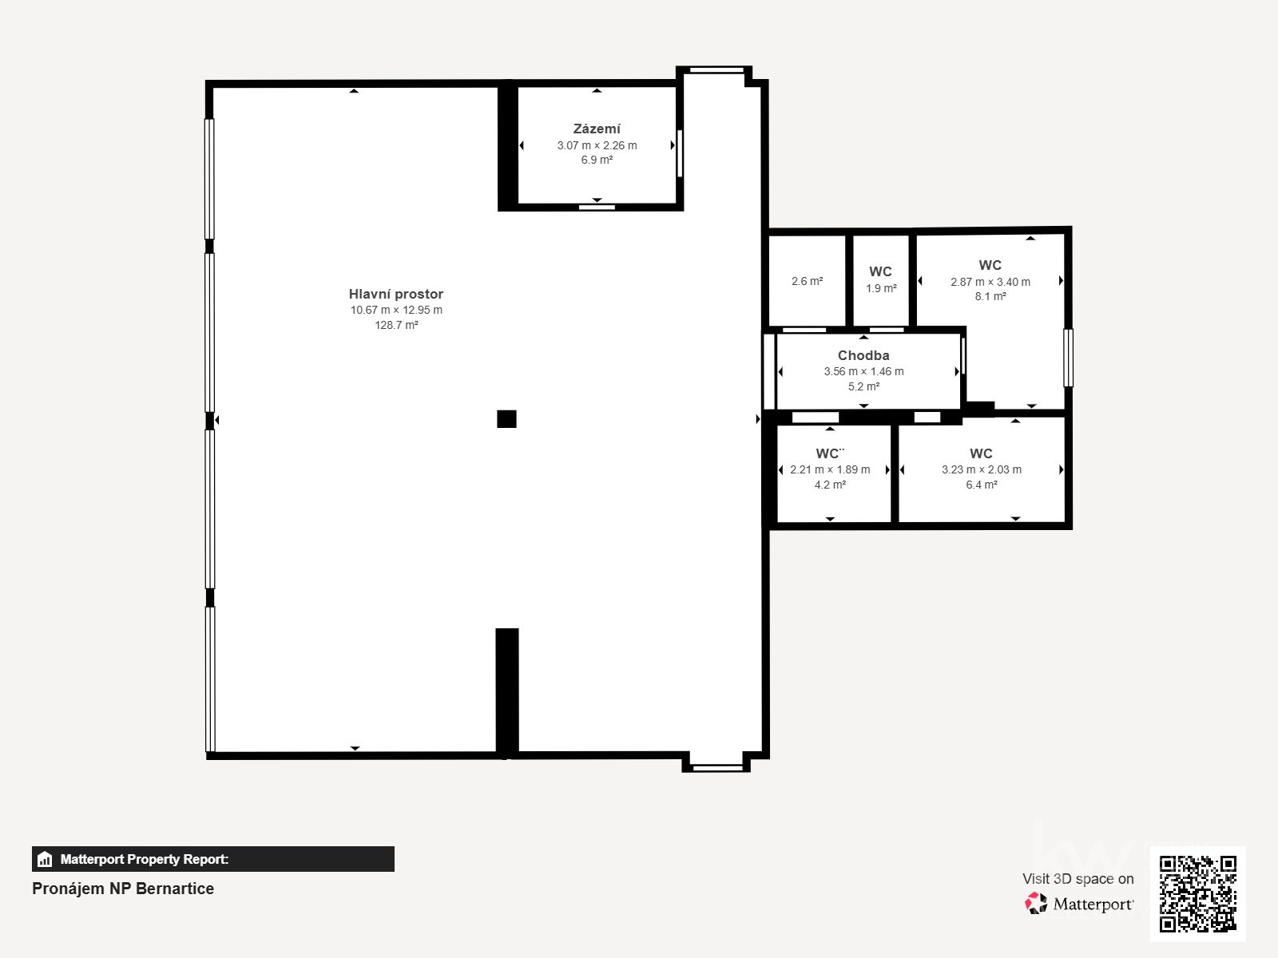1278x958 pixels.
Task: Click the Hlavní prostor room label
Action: point(395,294)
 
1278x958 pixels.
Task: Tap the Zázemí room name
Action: point(597,129)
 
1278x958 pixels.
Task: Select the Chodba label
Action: point(863,355)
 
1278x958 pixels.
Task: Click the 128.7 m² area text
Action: point(396,325)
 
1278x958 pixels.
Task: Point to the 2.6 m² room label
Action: point(807,281)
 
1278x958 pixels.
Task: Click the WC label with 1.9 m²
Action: point(880,271)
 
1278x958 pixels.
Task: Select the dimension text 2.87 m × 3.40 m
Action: point(990,282)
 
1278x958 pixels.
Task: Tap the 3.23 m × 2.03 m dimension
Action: point(981,469)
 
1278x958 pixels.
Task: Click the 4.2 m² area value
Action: point(830,485)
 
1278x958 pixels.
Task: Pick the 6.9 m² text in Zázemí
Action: point(597,160)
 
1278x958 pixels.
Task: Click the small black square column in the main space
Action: point(506,419)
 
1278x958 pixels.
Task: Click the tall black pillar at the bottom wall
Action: point(506,691)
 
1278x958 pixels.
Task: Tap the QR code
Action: point(1197,893)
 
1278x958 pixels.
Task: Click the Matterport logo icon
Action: point(1036,904)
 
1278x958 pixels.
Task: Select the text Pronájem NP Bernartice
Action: point(123,889)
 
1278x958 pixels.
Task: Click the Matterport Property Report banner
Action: point(212,859)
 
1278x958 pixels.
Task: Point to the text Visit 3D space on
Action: point(1078,878)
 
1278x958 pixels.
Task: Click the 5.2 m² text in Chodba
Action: point(863,386)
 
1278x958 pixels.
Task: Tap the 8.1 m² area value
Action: point(990,296)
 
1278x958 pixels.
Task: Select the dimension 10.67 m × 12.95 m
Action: point(396,310)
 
